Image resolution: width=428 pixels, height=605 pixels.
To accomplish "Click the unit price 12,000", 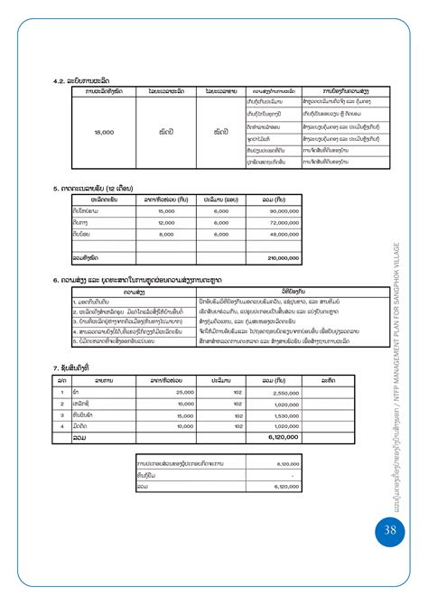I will click(166, 222).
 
